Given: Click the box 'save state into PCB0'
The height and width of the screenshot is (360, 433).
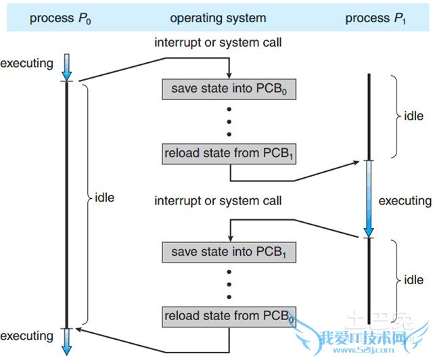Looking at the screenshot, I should click(x=229, y=89).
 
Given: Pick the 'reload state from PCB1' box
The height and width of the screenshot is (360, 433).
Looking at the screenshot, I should click(x=229, y=153).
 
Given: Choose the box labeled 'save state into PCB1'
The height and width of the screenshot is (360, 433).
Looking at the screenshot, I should click(x=229, y=252).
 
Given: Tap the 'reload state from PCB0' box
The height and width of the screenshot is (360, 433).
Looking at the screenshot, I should click(x=229, y=315).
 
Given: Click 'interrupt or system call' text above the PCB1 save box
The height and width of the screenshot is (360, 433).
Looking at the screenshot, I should click(x=218, y=201).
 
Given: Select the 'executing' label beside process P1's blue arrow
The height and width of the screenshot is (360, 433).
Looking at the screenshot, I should click(x=405, y=201).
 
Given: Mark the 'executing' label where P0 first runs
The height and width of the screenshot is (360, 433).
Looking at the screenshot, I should click(x=26, y=64).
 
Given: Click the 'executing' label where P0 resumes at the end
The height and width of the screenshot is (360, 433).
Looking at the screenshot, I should click(x=26, y=336).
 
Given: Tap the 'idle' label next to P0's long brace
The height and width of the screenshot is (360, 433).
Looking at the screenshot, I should click(x=105, y=198).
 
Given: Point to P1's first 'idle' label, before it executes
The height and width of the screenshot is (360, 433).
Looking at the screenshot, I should click(x=413, y=116).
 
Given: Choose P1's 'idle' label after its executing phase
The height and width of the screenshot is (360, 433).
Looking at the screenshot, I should click(x=413, y=279).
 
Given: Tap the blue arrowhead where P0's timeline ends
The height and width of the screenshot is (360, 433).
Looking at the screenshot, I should click(x=66, y=348).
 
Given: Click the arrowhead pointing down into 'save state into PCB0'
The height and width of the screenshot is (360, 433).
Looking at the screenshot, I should click(x=229, y=74).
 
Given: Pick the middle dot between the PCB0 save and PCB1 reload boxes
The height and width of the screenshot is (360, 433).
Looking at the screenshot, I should click(x=229, y=121).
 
